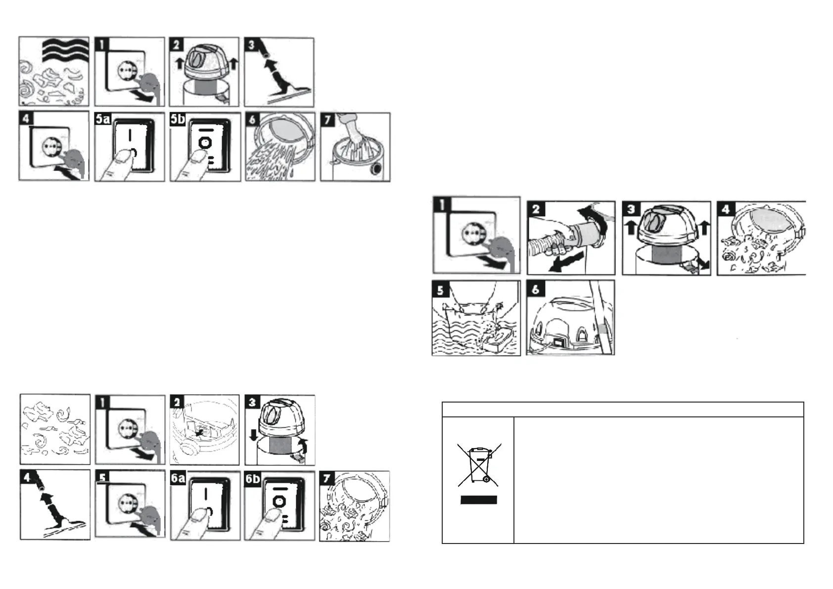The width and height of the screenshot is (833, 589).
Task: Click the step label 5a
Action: click(x=103, y=119)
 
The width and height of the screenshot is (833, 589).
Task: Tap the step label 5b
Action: click(x=178, y=119)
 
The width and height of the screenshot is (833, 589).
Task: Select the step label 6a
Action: click(x=178, y=478)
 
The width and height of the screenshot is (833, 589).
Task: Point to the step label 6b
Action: click(x=253, y=478)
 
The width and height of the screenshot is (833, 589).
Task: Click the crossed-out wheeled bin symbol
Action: click(x=479, y=464)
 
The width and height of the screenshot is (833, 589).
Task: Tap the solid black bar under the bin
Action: click(x=479, y=499)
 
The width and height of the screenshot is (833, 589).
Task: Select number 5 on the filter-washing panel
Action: click(x=440, y=289)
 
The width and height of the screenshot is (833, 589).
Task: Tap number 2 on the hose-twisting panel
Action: click(x=536, y=209)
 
